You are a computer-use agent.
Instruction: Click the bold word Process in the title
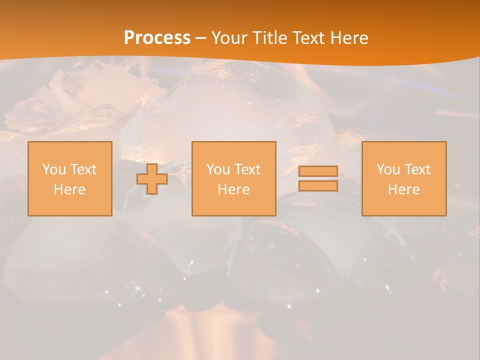point(157,38)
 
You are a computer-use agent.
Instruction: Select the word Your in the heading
point(229,38)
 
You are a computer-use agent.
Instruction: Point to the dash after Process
point(201,38)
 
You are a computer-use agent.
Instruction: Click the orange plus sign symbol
point(152,179)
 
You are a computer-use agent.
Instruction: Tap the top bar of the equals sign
point(318,171)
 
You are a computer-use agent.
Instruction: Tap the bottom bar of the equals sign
point(318,186)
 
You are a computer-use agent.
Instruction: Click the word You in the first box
point(54,169)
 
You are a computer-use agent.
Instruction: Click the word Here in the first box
point(69,189)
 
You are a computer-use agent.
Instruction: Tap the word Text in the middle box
point(247,169)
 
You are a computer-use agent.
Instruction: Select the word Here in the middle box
point(233,189)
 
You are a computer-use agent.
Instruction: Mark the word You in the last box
point(388,169)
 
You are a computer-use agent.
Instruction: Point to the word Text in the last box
point(417,169)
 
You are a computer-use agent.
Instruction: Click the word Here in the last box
point(403,189)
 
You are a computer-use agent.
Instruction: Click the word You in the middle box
point(218,169)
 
